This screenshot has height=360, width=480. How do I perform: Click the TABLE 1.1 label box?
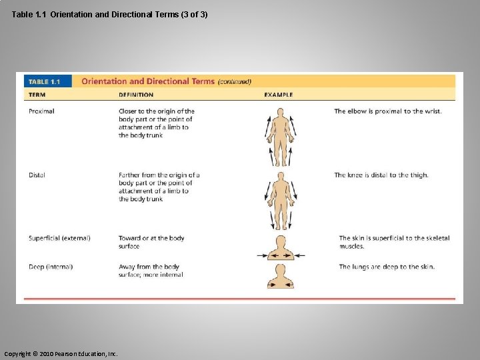43,81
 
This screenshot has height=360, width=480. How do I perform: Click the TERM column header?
37,95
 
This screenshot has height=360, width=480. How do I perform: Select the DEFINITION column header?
136,95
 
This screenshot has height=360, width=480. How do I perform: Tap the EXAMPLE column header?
279,95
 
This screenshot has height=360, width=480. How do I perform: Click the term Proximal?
41,111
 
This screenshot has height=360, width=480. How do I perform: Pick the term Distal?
37,175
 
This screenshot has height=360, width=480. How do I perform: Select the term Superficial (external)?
59,238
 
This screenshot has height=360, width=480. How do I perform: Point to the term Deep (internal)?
51,267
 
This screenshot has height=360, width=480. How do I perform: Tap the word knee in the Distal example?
358,175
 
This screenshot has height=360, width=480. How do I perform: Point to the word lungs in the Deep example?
363,267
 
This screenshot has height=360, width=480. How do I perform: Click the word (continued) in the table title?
235,82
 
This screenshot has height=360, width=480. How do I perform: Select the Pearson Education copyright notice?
61,353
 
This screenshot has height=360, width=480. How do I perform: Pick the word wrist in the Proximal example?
432,111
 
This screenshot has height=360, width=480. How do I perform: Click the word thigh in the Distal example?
419,175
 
